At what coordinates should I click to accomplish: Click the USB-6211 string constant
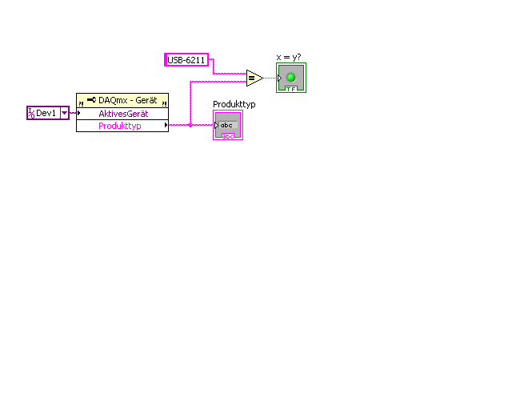click(x=186, y=60)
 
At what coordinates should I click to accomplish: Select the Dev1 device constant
click(x=48, y=113)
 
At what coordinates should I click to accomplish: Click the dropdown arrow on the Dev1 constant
click(x=65, y=113)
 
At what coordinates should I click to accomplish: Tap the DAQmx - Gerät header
click(x=122, y=100)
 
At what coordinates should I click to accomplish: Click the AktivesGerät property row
click(x=122, y=114)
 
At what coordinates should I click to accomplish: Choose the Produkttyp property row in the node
click(x=122, y=126)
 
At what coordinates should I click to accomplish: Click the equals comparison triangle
click(x=254, y=78)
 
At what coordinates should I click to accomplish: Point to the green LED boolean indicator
click(x=291, y=78)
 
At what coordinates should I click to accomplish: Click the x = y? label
click(x=289, y=57)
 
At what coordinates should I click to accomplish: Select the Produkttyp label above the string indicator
click(x=234, y=104)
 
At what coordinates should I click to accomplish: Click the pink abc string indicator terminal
click(x=228, y=125)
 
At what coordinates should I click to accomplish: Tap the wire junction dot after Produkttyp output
click(x=190, y=125)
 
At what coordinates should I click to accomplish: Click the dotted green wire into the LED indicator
click(x=270, y=78)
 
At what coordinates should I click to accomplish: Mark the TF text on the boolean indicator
click(x=291, y=89)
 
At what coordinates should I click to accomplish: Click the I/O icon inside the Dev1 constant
click(x=31, y=113)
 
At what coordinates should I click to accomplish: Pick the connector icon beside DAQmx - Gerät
click(x=91, y=100)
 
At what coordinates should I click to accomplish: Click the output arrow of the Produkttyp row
click(x=166, y=125)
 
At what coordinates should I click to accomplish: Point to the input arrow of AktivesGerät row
click(x=78, y=113)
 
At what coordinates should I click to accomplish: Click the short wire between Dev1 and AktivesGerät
click(x=73, y=113)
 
